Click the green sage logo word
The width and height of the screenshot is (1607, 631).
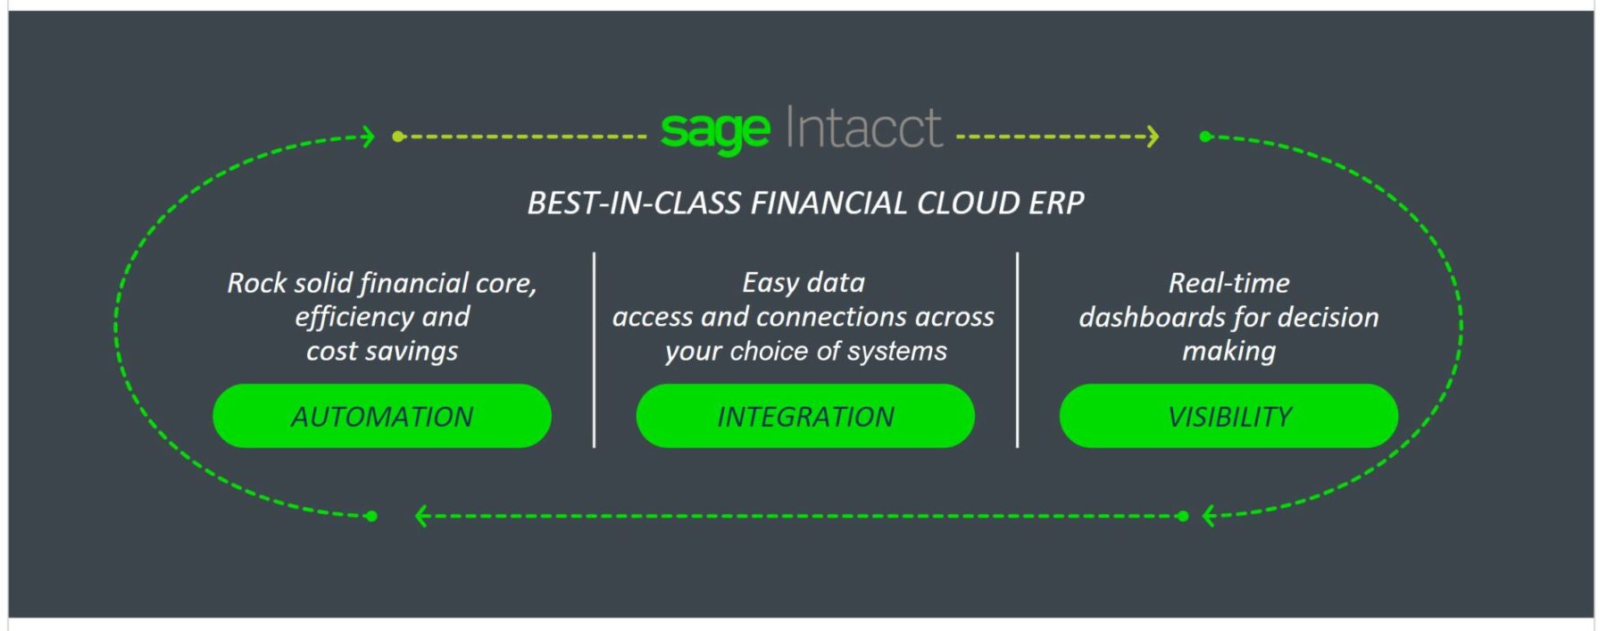(x=715, y=132)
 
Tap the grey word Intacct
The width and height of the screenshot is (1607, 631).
(x=863, y=128)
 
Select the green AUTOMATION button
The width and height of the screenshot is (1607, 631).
(x=382, y=416)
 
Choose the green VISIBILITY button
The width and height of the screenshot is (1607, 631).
(x=1228, y=416)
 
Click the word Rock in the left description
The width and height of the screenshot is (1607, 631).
(x=256, y=283)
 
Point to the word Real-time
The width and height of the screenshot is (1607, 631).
(x=1228, y=283)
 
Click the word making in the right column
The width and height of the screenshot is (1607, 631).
(x=1228, y=352)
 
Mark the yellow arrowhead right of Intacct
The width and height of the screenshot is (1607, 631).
(x=1153, y=137)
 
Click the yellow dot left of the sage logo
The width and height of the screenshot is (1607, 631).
(x=398, y=137)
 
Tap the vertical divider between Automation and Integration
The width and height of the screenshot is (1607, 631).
(x=594, y=350)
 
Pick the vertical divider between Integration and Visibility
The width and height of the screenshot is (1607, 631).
(x=1017, y=350)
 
